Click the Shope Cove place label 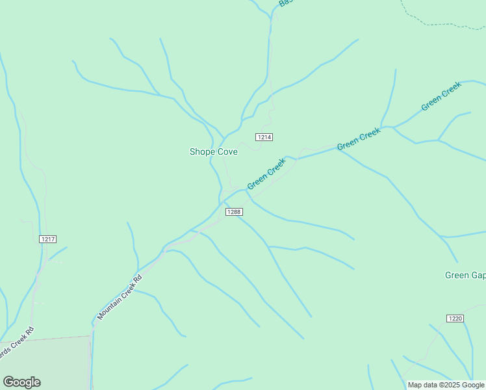[x=213, y=151]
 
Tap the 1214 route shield [x=264, y=137]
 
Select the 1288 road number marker [x=234, y=212]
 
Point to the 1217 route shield [x=47, y=239]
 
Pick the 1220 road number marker [x=455, y=318]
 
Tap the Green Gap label [x=465, y=275]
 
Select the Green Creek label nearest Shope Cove [x=266, y=174]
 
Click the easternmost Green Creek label [x=441, y=96]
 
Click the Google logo [x=21, y=382]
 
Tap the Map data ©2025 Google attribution [x=446, y=385]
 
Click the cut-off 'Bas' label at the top [x=285, y=3]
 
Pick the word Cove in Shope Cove [x=227, y=151]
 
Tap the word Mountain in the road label [x=110, y=307]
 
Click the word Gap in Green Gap [x=477, y=275]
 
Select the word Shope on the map [x=201, y=151]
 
